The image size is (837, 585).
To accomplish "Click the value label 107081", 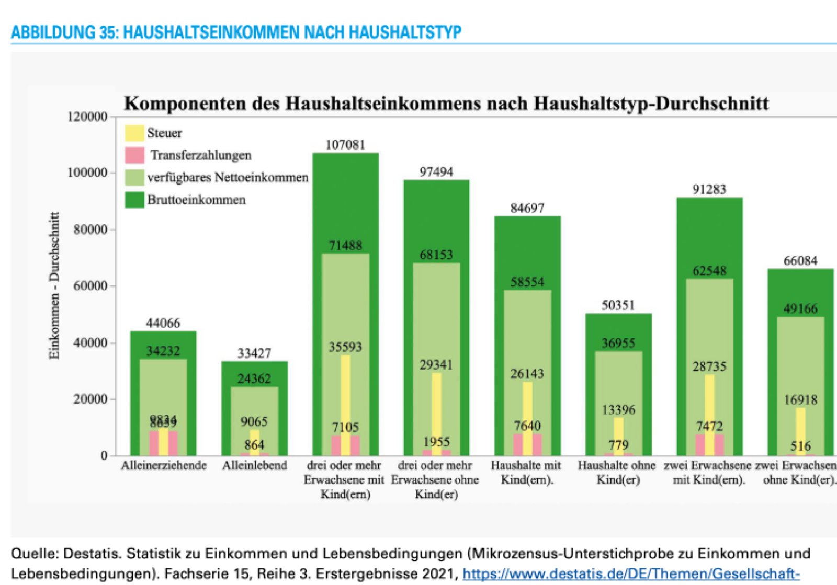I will coord(345,145).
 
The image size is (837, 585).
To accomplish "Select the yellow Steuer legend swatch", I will coord(134,133).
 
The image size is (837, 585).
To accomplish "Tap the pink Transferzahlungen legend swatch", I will coord(134,155).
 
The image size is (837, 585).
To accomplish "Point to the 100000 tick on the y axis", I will coord(87,173).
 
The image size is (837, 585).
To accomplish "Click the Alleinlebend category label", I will coord(255,465).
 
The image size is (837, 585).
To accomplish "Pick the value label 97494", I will coord(436,172).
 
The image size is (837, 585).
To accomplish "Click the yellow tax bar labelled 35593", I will coord(345,397).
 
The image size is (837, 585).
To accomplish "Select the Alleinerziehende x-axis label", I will coord(164,465).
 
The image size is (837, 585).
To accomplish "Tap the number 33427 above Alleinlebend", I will coord(255,353).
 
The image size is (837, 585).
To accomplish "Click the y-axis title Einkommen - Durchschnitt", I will coord(54,285).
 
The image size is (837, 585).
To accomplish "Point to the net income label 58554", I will coord(527,282).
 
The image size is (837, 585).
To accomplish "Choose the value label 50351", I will coord(618,305).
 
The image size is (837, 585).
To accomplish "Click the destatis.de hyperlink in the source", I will coord(631,574).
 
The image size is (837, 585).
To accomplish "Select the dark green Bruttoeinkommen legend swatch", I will coord(134,200).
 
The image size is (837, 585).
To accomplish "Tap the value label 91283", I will coord(709,189).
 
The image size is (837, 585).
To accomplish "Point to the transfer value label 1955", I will coord(436,442).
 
